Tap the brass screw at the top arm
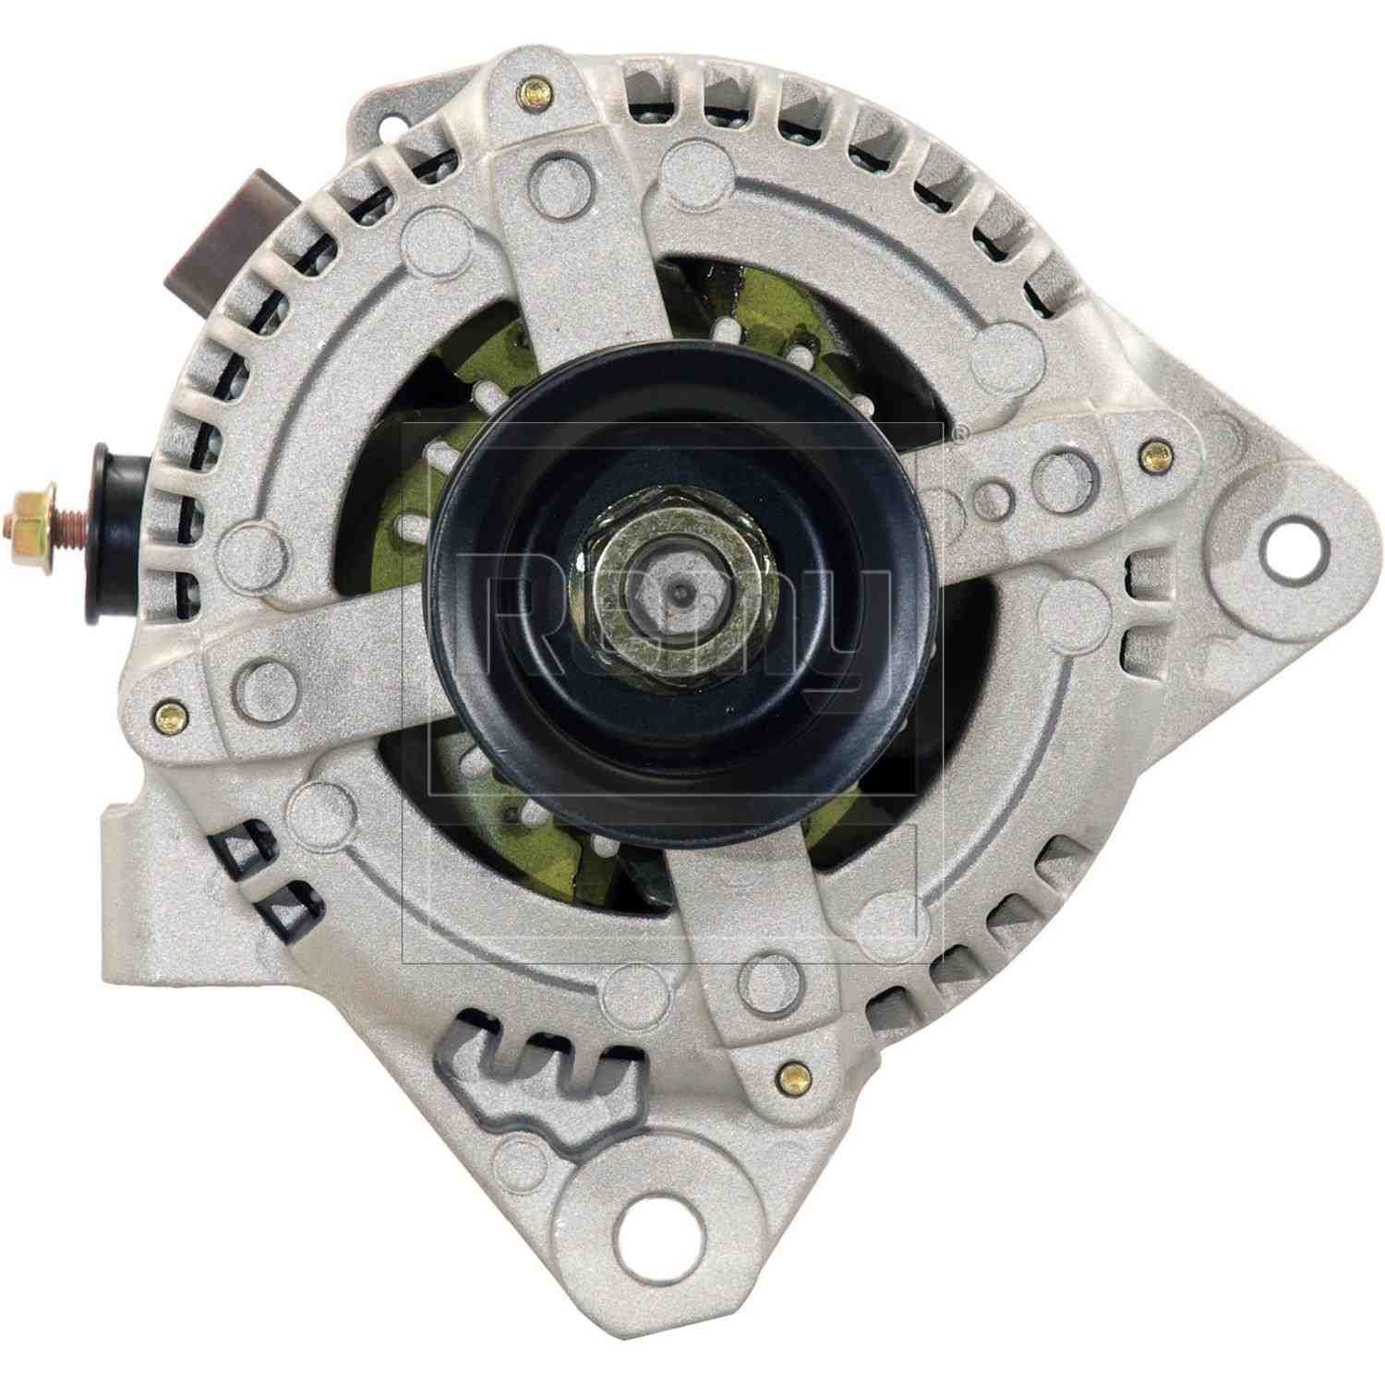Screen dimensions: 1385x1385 pos(535,91)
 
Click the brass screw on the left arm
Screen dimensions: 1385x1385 pos(166,712)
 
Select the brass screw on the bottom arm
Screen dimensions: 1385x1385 pos(788,1075)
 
